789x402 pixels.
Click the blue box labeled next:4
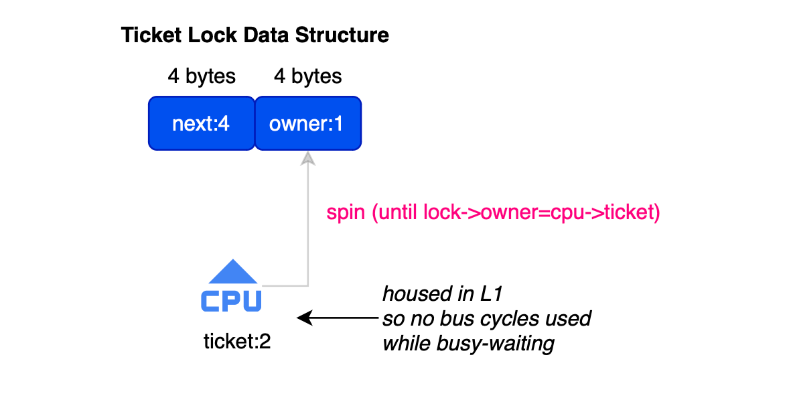coord(202,123)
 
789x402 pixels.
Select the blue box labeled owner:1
coord(308,123)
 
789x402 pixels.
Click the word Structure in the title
coord(342,36)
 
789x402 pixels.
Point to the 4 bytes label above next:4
coord(202,76)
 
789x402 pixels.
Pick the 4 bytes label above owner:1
coord(308,76)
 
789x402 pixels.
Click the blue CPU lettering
coord(232,300)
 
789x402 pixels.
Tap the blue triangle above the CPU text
coord(232,272)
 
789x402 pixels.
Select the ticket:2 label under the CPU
coord(237,342)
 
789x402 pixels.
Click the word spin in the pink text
coord(346,213)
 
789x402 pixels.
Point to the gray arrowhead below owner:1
coord(308,159)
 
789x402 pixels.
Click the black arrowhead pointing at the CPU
coord(305,318)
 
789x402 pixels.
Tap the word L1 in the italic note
coord(491,294)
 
